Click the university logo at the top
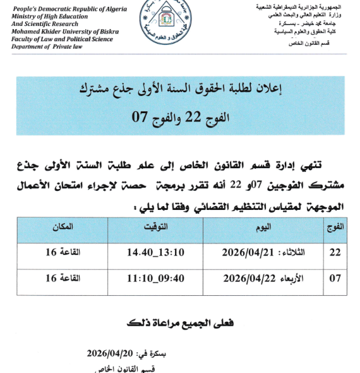point(180,23)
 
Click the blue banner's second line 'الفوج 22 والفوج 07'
point(180,117)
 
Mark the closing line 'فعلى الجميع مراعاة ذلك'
point(180,323)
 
